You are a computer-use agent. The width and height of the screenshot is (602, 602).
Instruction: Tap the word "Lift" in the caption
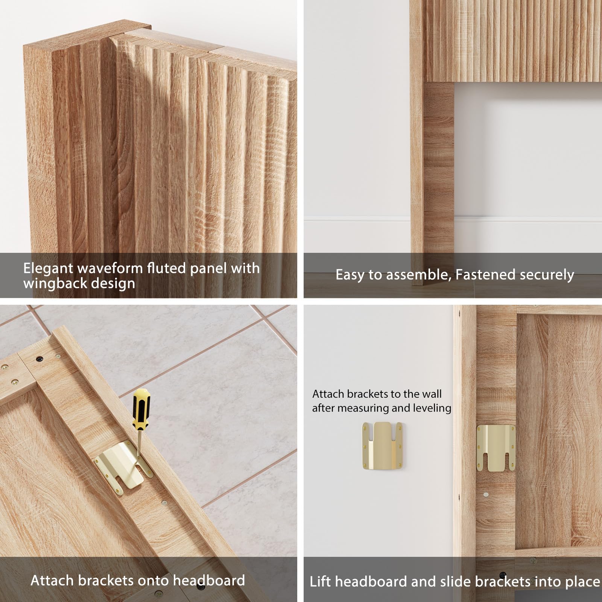click(321, 582)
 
